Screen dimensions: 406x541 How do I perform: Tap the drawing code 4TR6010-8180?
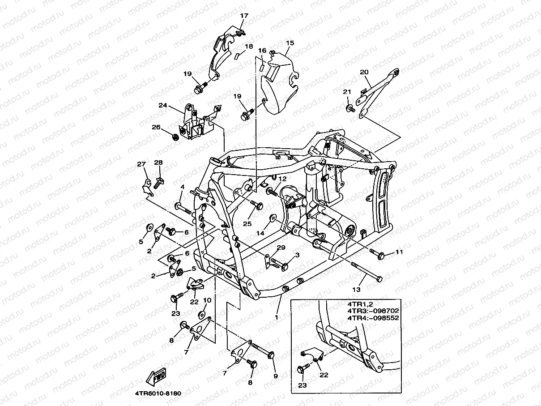point(158,393)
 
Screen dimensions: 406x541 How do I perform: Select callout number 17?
point(244,16)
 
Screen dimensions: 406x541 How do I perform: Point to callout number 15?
point(290,43)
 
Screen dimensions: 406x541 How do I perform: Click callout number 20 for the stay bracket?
point(364,72)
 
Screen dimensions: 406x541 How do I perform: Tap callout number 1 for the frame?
point(277,317)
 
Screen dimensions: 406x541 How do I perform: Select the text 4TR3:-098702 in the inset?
point(373,310)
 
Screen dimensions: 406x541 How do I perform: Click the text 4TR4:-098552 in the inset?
point(373,318)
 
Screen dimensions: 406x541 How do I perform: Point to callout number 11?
point(399,252)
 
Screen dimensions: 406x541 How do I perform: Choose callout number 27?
point(142,165)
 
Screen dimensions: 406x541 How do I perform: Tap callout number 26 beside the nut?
point(156,127)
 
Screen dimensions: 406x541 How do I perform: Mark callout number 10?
point(207,300)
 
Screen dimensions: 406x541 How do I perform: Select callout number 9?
point(275,376)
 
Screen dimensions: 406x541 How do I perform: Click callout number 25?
point(247,223)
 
